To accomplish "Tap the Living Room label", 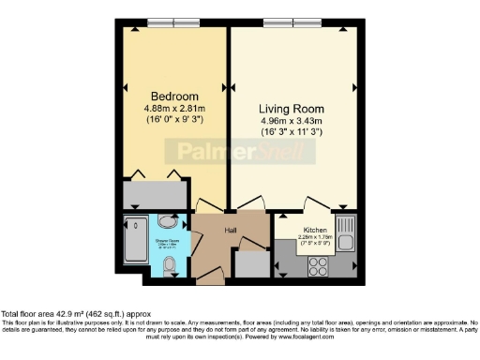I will click(x=290, y=107).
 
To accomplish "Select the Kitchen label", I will click(x=314, y=230).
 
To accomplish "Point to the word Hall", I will click(x=229, y=228).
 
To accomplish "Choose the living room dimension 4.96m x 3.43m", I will click(x=290, y=120).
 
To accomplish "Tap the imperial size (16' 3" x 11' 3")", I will click(x=290, y=132).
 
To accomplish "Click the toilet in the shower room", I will click(x=170, y=268).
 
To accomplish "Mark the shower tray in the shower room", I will click(x=135, y=245).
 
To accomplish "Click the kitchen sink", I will click(x=346, y=233).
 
